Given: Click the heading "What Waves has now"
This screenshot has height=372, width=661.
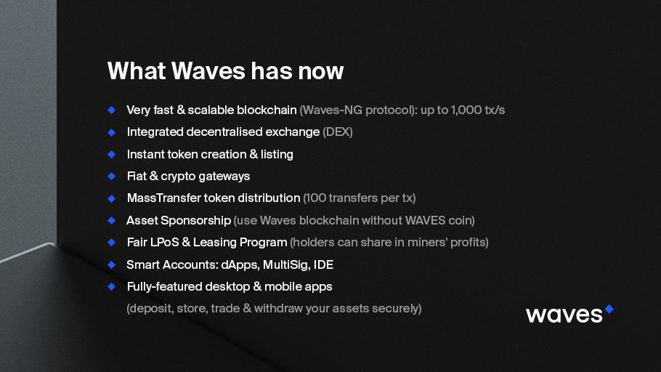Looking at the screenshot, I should click(225, 71).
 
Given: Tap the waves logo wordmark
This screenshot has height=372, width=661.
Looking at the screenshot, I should click(564, 314).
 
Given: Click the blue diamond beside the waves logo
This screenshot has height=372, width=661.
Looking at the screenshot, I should click(609, 309).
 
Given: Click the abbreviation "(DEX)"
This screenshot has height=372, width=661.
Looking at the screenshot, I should click(338, 132).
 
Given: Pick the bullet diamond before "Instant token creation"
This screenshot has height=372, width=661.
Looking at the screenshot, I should click(112, 154).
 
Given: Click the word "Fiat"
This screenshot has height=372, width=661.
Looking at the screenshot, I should click(137, 176).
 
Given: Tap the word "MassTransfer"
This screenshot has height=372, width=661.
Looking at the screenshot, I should click(161, 198).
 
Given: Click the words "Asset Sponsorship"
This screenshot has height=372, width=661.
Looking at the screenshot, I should click(179, 220).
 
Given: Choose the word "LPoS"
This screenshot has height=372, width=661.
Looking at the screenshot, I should click(167, 242).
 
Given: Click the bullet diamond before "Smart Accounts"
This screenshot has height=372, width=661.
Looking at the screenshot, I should click(112, 264).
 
